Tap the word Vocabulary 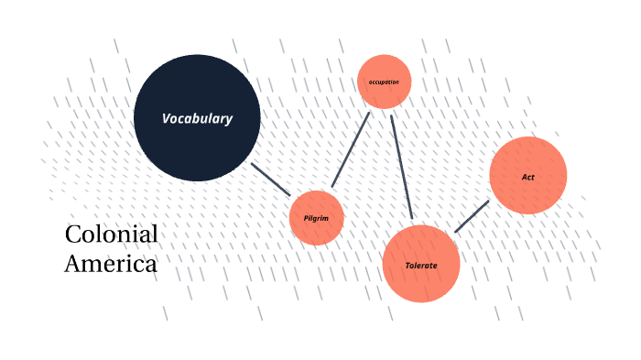coord(197,118)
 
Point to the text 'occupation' coord(384,82)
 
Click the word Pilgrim coord(316,218)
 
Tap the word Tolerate coord(420,266)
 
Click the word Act coord(528,177)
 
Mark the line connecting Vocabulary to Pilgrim coord(271,180)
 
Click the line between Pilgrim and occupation coord(351,149)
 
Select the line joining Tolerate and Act coord(472,216)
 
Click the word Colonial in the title coord(112,235)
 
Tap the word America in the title coord(111,264)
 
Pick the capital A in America coord(72,264)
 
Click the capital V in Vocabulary coord(167,118)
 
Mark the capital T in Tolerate coord(407,266)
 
